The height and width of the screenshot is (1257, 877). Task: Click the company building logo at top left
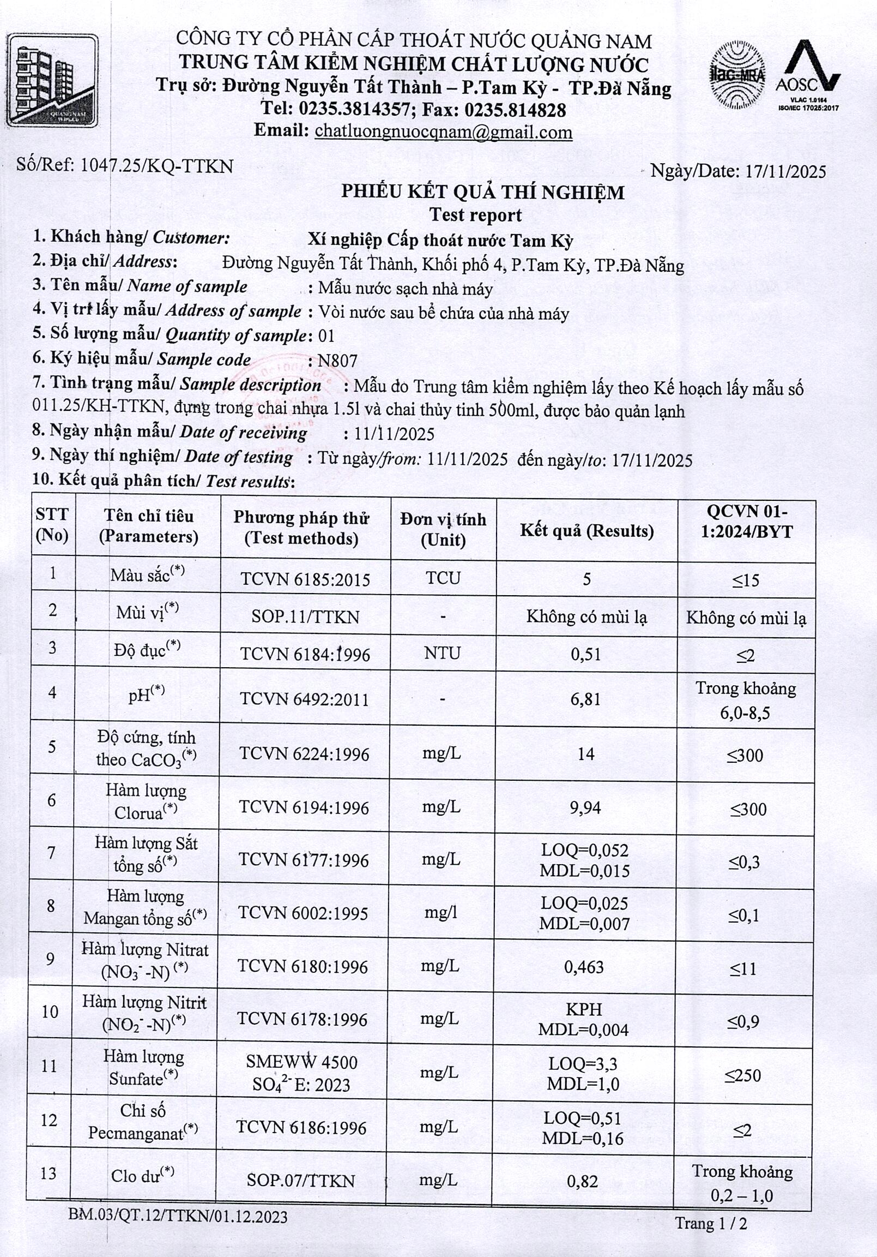pyautogui.click(x=52, y=81)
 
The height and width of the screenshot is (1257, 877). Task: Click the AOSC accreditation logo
pyautogui.click(x=807, y=74)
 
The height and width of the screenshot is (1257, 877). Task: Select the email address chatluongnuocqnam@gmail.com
pyautogui.click(x=444, y=131)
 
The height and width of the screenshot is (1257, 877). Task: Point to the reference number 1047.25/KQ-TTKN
pyautogui.click(x=157, y=165)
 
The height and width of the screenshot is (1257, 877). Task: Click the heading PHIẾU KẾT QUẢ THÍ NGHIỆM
pyautogui.click(x=482, y=192)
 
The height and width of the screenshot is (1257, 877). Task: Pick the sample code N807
pyautogui.click(x=337, y=361)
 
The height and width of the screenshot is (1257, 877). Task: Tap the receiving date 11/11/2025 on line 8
pyautogui.click(x=394, y=434)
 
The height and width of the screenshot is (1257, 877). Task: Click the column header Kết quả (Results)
pyautogui.click(x=586, y=530)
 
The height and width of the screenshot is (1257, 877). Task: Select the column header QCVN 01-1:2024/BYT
pyautogui.click(x=747, y=522)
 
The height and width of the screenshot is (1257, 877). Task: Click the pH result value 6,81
pyautogui.click(x=585, y=699)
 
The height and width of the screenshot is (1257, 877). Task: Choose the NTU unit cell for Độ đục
pyautogui.click(x=442, y=653)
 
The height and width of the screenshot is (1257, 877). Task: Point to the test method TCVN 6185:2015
pyautogui.click(x=305, y=580)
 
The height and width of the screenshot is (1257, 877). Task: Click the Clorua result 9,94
pyautogui.click(x=585, y=807)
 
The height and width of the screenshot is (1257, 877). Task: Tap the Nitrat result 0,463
pyautogui.click(x=584, y=967)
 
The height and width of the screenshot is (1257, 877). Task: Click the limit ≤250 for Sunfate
pyautogui.click(x=743, y=1076)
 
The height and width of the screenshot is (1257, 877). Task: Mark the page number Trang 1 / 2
pyautogui.click(x=711, y=1224)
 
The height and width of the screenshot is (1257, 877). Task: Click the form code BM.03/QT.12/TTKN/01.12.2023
pyautogui.click(x=178, y=1217)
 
